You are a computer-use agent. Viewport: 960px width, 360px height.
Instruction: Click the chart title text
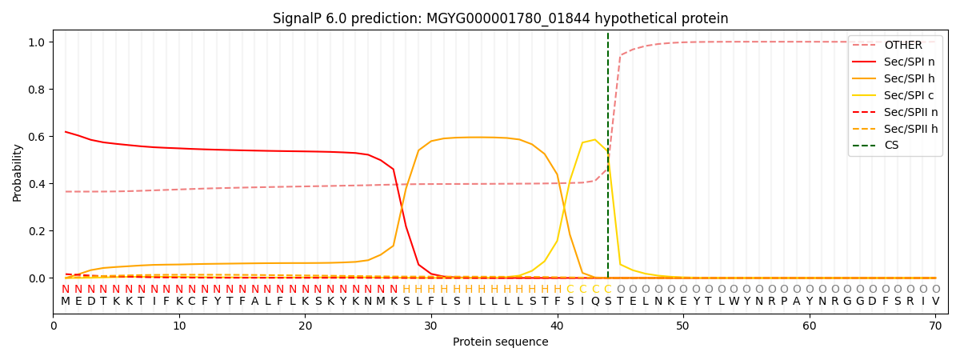(500, 18)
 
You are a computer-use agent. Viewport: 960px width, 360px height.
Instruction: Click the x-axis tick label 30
(431, 326)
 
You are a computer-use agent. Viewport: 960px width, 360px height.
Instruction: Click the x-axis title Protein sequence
(500, 342)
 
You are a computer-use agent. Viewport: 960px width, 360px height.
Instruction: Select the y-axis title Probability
(18, 172)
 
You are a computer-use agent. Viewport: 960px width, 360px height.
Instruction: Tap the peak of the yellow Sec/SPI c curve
(594, 140)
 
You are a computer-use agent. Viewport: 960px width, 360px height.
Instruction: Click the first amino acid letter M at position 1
(66, 302)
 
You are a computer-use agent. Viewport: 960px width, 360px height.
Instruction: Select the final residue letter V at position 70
(935, 302)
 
